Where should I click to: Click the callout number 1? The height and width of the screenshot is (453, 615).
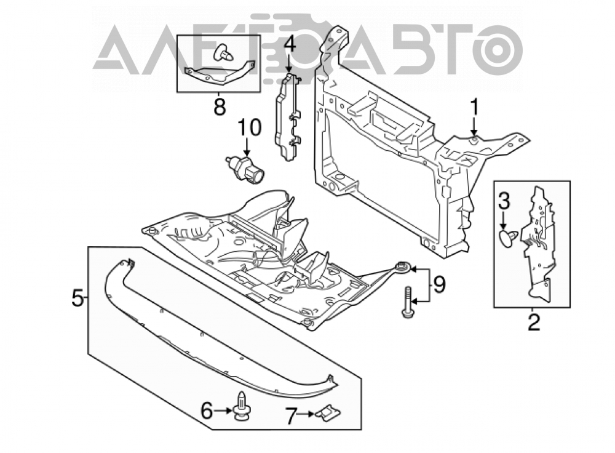click(x=474, y=107)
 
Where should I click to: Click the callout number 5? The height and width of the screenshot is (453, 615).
click(x=77, y=298)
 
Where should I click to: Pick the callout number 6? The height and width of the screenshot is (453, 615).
click(x=207, y=411)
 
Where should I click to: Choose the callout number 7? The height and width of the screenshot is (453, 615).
click(x=290, y=416)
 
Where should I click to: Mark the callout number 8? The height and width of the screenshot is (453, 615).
click(x=220, y=106)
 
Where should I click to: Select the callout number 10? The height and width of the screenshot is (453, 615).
click(x=250, y=128)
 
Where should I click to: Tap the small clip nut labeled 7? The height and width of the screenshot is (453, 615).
click(x=328, y=414)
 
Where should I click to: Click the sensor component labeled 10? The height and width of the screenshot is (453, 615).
click(x=245, y=169)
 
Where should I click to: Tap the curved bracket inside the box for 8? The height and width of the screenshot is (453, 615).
click(x=220, y=75)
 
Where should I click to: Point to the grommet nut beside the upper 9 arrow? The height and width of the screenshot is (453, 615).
click(x=403, y=268)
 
